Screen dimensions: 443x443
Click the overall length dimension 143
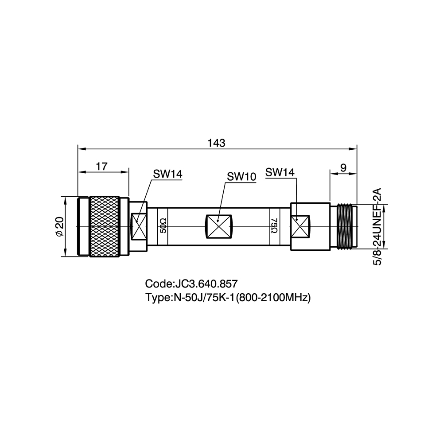point(217,143)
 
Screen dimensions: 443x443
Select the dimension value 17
point(102,167)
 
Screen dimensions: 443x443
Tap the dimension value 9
point(343,168)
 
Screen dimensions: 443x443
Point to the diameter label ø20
point(60,226)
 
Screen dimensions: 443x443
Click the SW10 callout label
point(241,177)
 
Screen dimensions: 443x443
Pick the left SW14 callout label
point(168,174)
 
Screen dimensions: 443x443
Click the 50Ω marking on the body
point(163,225)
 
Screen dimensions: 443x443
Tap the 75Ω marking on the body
point(274,225)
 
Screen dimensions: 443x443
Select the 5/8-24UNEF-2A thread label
point(378,226)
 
